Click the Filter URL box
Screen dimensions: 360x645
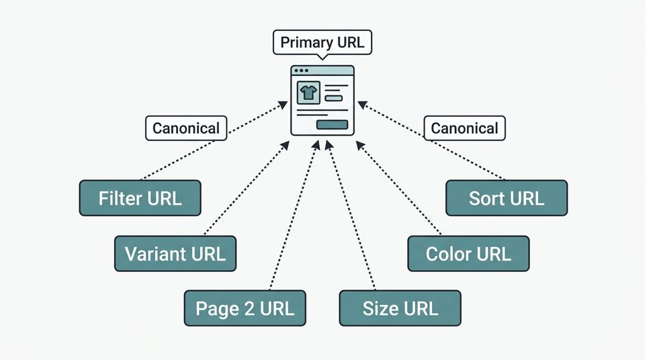pos(140,198)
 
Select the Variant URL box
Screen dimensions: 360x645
pos(175,253)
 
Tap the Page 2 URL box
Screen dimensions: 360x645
pos(245,308)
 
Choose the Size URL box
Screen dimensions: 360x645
pos(400,308)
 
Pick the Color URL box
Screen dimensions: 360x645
pos(468,253)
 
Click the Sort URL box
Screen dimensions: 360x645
pos(507,198)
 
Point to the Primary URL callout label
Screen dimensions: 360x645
pos(322,43)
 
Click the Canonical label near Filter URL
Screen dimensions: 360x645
pos(186,128)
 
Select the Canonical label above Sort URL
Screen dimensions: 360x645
pos(464,128)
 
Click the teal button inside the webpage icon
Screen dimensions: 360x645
pos(332,124)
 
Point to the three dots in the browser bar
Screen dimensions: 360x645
pos(301,71)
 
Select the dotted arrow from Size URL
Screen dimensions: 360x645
pos(349,215)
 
